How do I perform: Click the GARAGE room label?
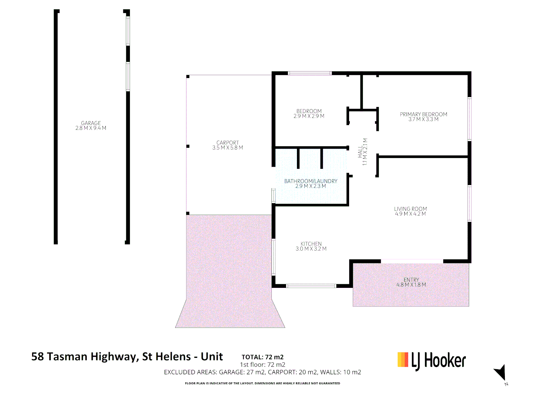click(91, 123)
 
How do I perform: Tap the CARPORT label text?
click(228, 143)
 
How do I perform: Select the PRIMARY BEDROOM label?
click(423, 114)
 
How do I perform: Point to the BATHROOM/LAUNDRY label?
click(311, 181)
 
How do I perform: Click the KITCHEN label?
click(311, 244)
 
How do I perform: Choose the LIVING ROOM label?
click(410, 209)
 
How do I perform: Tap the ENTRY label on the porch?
click(411, 280)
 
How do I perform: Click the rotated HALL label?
click(360, 151)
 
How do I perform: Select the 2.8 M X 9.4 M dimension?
click(91, 128)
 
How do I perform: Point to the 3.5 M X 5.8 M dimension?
click(228, 148)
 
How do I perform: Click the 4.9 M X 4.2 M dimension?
click(410, 214)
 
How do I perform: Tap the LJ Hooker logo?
click(432, 361)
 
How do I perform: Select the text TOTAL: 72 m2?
click(262, 357)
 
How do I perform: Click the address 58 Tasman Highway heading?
click(127, 356)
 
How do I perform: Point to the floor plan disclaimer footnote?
click(262, 383)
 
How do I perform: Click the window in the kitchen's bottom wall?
click(311, 286)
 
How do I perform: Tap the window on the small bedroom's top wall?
click(310, 73)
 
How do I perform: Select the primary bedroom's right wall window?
click(469, 119)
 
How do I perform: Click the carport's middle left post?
click(188, 146)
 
